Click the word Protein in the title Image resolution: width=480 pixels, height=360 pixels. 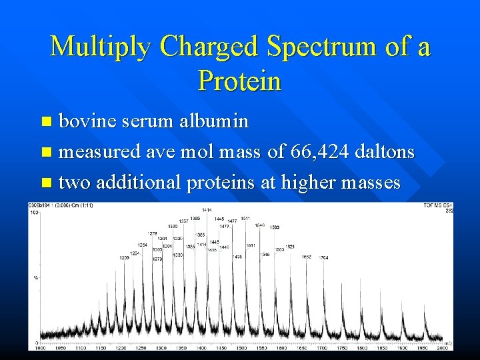pyautogui.click(x=240, y=81)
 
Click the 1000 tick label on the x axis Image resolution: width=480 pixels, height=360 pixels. pyautogui.click(x=40, y=348)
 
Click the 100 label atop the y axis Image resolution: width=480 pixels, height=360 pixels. pyautogui.click(x=32, y=212)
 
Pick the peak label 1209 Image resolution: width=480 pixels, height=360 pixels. pyautogui.click(x=124, y=257)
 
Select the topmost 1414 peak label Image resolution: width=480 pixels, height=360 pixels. pyautogui.click(x=207, y=210)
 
